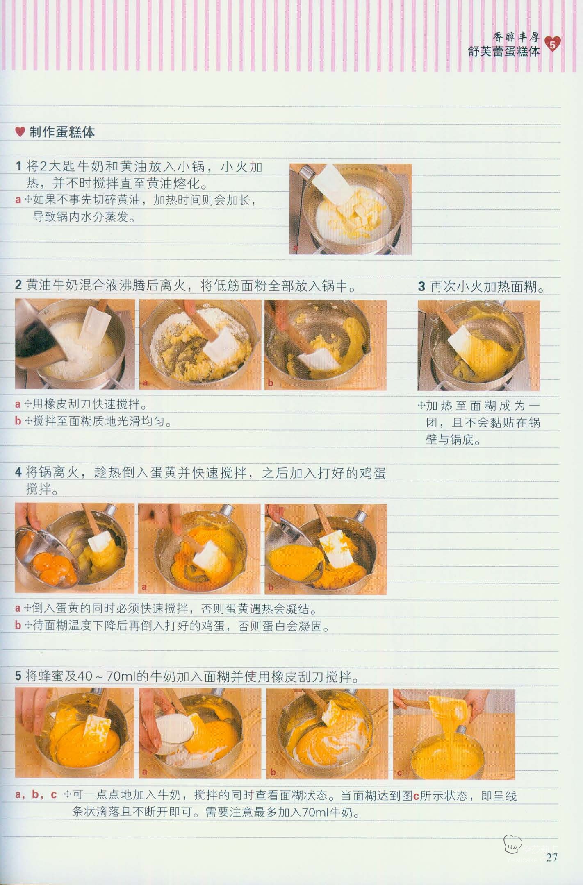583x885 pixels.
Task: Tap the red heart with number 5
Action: (x=552, y=45)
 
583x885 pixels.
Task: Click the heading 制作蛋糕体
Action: (x=62, y=132)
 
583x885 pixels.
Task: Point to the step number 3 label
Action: (x=421, y=286)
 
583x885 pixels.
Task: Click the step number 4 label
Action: (x=18, y=472)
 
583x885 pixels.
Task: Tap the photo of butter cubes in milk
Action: (x=351, y=209)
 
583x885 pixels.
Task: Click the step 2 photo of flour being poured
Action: (x=75, y=344)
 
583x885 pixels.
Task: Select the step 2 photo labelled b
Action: (x=326, y=344)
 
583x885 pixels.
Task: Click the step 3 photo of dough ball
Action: (x=479, y=345)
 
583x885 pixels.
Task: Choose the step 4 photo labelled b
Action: (x=326, y=548)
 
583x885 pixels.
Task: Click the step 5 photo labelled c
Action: (x=454, y=734)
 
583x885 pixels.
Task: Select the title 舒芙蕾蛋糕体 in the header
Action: (x=504, y=51)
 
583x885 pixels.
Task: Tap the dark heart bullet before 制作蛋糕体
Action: (x=20, y=132)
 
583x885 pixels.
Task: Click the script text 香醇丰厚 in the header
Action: (x=516, y=38)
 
